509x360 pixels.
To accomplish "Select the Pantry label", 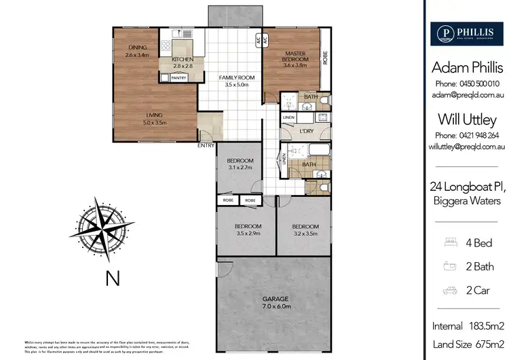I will point(178,78).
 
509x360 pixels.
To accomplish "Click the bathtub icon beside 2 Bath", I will point(447,266).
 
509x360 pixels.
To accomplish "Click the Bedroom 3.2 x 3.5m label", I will point(305,230).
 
